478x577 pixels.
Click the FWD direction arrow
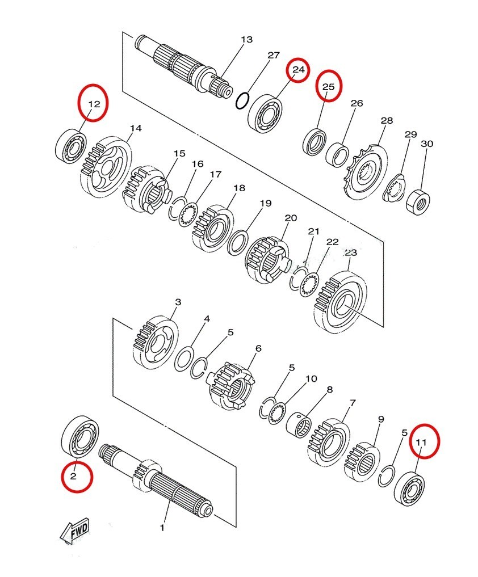tap(74, 530)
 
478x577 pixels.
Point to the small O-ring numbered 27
tap(242, 100)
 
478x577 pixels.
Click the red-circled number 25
tap(329, 87)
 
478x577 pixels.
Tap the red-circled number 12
tap(94, 104)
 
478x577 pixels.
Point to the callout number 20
tap(291, 218)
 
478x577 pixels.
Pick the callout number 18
tap(239, 188)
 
